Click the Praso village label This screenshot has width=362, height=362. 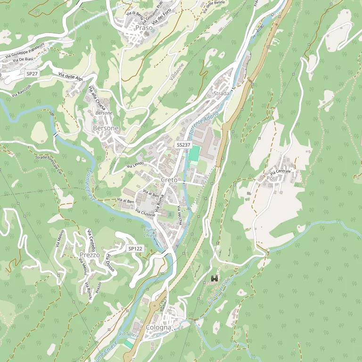pos(144,28)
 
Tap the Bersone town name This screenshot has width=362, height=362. pos(106,128)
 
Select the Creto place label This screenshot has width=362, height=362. pos(169,180)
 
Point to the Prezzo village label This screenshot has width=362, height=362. pos(90,255)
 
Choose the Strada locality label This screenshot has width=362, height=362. pos(221,93)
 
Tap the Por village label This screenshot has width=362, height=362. pos(271,178)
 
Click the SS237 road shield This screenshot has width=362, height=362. pos(183,144)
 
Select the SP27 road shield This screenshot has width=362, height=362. pos(32,74)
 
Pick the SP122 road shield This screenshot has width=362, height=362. pos(135,248)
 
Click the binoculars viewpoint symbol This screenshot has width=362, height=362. pos(214,279)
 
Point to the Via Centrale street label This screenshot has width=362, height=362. pos(280,172)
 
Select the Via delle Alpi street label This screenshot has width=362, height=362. pos(71,77)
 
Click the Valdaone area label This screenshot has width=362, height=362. pos(177,71)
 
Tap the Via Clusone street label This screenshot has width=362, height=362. pos(145,213)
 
